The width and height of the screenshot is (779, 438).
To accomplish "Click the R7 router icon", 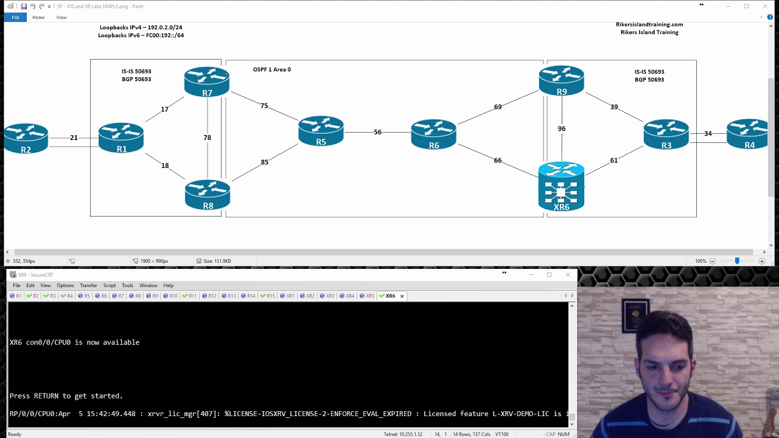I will pos(207,82).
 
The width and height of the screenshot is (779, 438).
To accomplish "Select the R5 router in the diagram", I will pos(321,131).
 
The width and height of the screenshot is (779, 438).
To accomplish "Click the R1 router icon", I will pos(121,137).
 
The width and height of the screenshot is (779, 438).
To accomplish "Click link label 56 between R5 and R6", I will pos(377,132).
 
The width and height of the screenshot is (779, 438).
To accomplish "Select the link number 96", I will pos(561,128).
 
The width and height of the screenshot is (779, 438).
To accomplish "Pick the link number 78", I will pos(207,137).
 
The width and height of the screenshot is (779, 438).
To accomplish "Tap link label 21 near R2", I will pos(74,137).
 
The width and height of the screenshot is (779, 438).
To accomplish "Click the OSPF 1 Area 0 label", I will pos(271,69).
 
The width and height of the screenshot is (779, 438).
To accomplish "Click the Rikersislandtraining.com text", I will pos(649,24).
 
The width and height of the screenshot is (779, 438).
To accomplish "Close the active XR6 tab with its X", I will pos(402,296).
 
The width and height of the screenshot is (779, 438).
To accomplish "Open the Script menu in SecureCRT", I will pos(109,285).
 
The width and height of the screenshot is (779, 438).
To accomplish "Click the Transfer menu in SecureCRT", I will pos(88,285).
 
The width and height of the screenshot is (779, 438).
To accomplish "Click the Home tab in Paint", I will pos(38,17).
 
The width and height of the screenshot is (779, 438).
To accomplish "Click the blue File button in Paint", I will pos(15,17).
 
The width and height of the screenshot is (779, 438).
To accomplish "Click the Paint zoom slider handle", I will pos(736,261).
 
